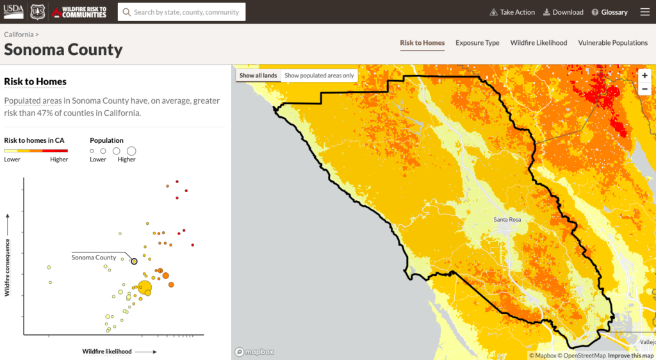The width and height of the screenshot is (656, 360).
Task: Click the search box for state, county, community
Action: (x=181, y=12)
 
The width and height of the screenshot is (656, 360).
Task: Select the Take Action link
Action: (x=512, y=12)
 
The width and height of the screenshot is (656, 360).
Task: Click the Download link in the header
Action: (x=563, y=12)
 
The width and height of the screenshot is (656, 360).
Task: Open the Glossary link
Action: (x=609, y=12)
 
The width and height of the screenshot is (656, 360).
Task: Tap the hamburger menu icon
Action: (x=644, y=12)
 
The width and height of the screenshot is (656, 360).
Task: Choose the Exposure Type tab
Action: (x=477, y=43)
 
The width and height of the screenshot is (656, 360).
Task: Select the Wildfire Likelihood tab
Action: (x=538, y=43)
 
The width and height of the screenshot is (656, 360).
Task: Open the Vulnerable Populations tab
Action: (x=612, y=43)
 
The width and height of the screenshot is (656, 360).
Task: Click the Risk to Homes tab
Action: (x=422, y=43)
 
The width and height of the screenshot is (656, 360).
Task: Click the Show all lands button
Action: (x=258, y=76)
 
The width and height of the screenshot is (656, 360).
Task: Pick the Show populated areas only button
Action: (x=319, y=76)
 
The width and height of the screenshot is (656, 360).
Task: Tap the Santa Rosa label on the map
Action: (x=507, y=220)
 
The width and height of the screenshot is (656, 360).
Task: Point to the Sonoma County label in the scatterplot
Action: (x=94, y=258)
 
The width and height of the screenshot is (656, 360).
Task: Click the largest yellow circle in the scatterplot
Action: (x=145, y=288)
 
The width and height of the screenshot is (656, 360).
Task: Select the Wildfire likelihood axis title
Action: (x=107, y=351)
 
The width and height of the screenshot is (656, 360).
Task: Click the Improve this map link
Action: (x=630, y=356)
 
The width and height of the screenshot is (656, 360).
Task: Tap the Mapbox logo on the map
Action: (x=255, y=352)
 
